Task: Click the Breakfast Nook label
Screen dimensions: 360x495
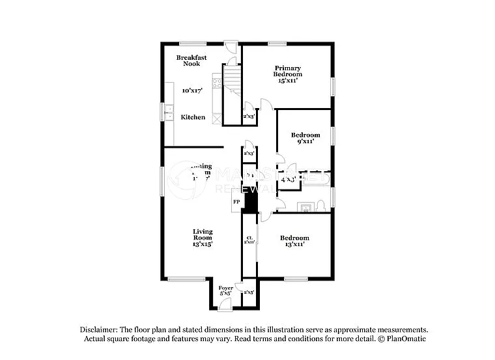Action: (191, 61)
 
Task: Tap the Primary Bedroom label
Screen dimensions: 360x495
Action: (287, 71)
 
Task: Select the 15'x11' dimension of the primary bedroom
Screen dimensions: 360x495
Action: (287, 81)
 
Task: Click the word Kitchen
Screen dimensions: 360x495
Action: (193, 117)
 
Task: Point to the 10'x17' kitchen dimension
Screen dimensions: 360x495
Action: (192, 91)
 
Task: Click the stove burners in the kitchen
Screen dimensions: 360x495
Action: (217, 83)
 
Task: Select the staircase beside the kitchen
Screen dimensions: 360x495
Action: (233, 81)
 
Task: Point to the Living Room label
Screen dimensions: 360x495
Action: (203, 234)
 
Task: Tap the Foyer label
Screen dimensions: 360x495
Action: (225, 288)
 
